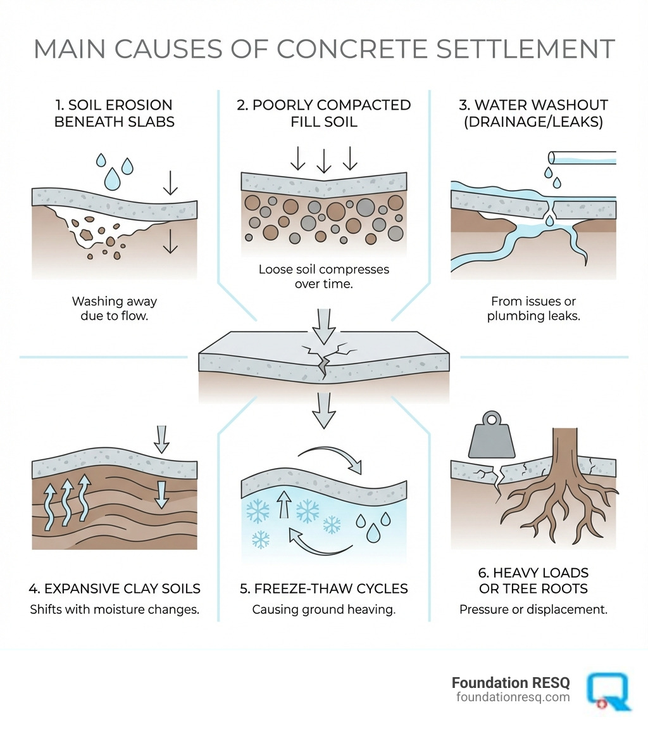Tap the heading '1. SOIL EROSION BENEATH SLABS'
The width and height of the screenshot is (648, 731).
click(113, 113)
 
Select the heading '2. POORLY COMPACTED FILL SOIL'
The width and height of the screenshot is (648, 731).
click(323, 113)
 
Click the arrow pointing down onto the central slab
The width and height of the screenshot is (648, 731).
click(324, 323)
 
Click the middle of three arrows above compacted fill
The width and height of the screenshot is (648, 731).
click(323, 161)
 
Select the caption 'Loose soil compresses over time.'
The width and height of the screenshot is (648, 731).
click(323, 277)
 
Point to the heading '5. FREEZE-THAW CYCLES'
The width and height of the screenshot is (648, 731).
click(323, 589)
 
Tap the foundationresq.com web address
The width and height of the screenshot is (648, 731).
click(513, 697)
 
